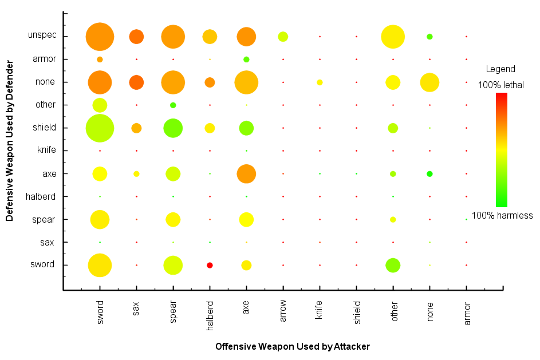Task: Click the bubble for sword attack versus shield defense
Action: coord(100,128)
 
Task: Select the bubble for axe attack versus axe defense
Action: coord(246,173)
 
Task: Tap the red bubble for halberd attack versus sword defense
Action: coord(210,265)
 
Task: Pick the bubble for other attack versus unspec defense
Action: coord(393,37)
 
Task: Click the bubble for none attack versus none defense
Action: coord(429,82)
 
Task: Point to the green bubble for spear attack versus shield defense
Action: coord(173,128)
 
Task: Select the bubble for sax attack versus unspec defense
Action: coord(136,37)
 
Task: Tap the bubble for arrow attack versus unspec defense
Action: coord(283,37)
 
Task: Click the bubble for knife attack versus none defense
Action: coord(320,82)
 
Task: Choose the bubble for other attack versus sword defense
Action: coord(393,265)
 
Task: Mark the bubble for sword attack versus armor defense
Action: coord(100,60)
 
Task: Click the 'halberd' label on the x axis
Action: coord(210,316)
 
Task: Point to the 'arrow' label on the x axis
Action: coord(283,312)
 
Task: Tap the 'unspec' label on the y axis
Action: coord(42,35)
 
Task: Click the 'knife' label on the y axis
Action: coord(45,151)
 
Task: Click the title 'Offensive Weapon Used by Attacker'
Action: coord(292,347)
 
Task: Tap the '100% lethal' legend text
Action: coord(501,85)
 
